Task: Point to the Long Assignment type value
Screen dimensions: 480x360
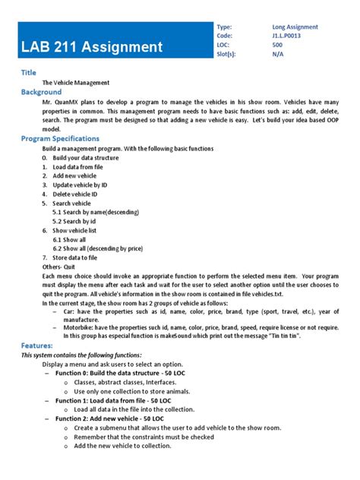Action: (x=295, y=27)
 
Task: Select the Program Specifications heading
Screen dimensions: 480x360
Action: (x=60, y=139)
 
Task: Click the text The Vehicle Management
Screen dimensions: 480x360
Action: (x=76, y=82)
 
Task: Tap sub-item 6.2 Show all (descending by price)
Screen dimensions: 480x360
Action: (x=98, y=249)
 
